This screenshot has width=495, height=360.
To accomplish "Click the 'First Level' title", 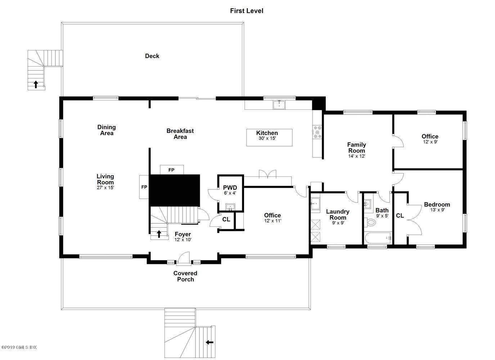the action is click(x=247, y=10).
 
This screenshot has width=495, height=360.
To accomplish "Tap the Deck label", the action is click(x=152, y=56).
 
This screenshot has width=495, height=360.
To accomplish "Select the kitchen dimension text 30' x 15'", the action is click(x=267, y=138).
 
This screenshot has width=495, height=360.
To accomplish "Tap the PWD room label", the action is click(x=230, y=188).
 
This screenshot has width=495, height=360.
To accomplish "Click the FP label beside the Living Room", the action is click(x=144, y=187).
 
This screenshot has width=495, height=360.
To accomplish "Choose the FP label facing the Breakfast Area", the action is click(x=171, y=170).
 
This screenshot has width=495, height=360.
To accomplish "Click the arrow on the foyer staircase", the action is click(x=159, y=234).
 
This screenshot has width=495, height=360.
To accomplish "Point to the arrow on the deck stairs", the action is click(x=36, y=84).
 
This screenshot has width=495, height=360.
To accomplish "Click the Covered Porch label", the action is click(x=185, y=276).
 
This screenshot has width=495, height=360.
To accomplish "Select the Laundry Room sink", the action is click(x=315, y=203).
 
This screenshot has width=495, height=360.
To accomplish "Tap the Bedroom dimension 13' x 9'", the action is click(x=437, y=210).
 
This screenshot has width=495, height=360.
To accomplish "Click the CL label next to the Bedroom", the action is click(x=400, y=216).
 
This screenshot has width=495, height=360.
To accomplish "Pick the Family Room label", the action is click(x=356, y=148).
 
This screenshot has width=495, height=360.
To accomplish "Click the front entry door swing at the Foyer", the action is click(x=184, y=257).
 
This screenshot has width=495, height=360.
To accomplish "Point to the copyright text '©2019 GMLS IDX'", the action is click(x=19, y=347).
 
